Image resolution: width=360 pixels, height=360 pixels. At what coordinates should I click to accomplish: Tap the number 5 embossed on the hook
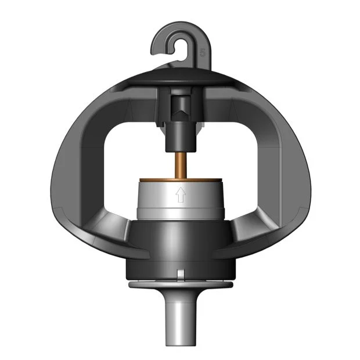[202, 52]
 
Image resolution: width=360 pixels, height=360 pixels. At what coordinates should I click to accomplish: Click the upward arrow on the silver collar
[180, 195]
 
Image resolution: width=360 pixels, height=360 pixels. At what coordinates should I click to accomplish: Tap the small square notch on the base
[180, 273]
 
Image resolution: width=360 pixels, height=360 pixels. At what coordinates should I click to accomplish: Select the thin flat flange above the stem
[180, 286]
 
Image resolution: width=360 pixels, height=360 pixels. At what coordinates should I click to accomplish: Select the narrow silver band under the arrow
[180, 213]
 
